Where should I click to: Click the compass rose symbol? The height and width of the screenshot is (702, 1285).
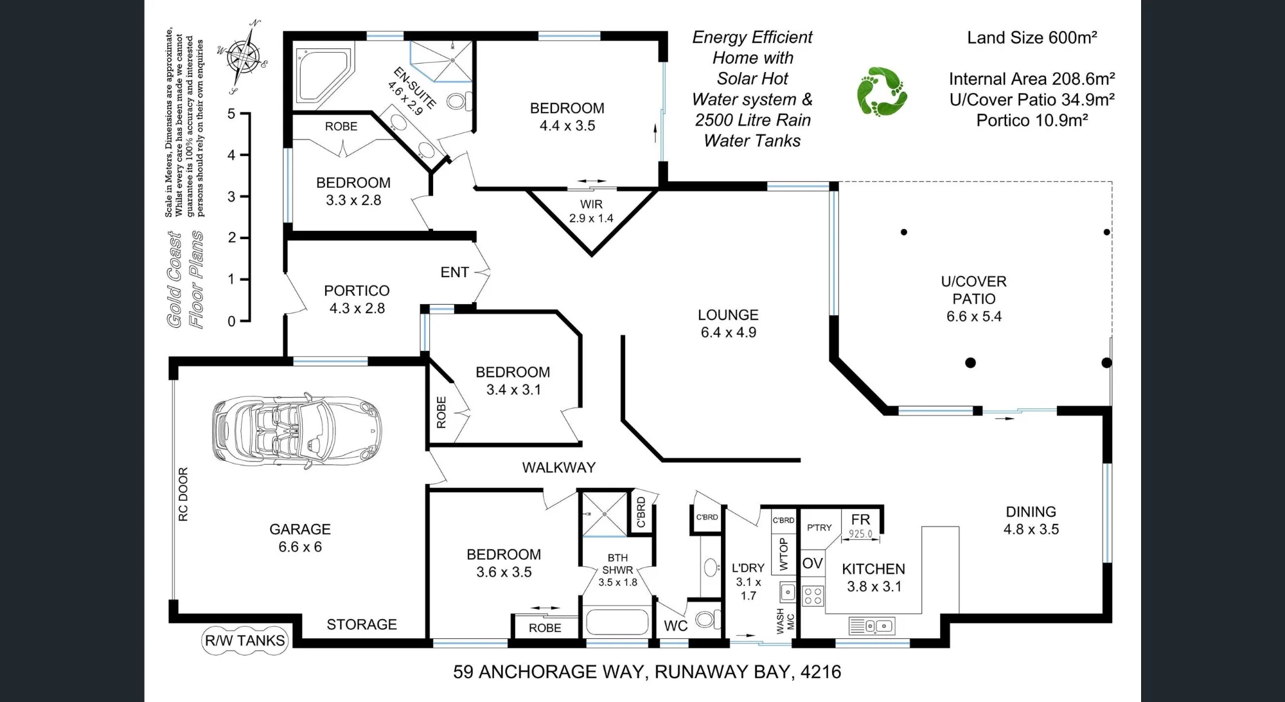(x=242, y=57)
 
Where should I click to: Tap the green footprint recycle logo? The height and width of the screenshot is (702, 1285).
(x=882, y=92)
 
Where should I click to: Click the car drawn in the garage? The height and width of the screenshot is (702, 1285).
(x=297, y=429)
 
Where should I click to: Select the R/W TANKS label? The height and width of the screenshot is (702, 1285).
(x=244, y=640)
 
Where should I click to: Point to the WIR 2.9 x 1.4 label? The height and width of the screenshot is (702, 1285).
(x=591, y=211)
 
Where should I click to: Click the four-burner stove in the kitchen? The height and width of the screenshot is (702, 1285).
(x=813, y=596)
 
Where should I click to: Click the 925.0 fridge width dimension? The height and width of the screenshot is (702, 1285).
(x=860, y=534)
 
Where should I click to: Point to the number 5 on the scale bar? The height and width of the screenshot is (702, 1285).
(x=231, y=114)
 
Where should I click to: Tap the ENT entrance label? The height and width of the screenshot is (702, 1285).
(x=454, y=273)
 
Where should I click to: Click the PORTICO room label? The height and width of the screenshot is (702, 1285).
(x=357, y=291)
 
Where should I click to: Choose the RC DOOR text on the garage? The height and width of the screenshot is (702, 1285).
(x=183, y=494)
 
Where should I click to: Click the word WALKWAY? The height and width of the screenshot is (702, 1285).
(x=558, y=467)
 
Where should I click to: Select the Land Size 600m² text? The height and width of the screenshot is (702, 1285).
(x=1032, y=38)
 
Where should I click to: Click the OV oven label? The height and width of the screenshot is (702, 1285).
(x=813, y=564)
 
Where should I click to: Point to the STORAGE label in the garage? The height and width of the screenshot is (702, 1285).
(x=362, y=624)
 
